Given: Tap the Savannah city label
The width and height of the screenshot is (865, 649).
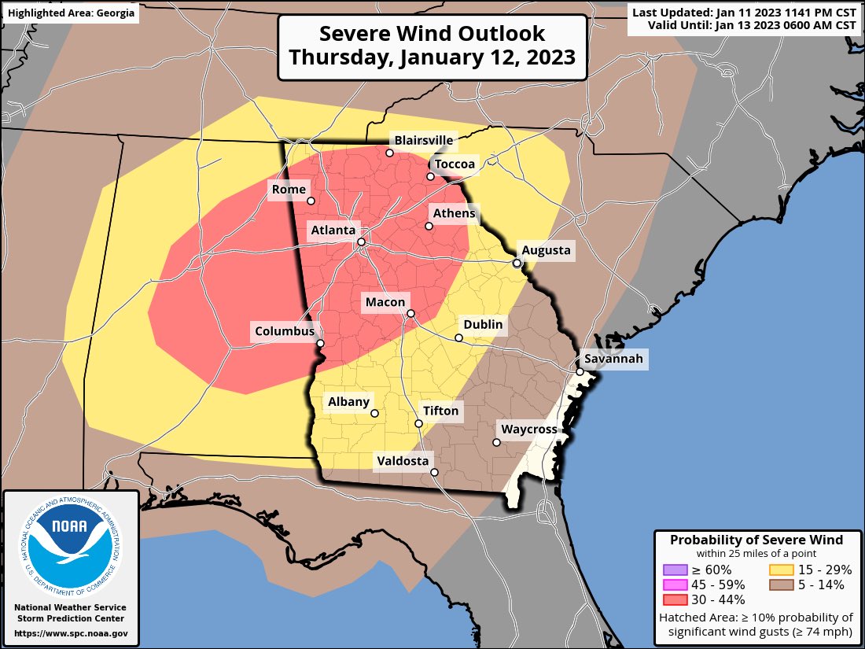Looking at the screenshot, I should [x=613, y=360].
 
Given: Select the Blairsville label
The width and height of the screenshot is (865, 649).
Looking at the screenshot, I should [x=424, y=141].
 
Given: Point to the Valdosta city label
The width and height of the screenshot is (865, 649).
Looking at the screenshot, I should [x=403, y=461].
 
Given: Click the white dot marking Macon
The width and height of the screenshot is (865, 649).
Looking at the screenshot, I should [x=410, y=314].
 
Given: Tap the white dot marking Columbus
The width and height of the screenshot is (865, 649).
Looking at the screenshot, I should [x=320, y=343].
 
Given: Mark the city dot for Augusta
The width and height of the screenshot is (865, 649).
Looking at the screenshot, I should [x=517, y=263].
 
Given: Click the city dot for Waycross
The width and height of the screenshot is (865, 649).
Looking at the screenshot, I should [x=496, y=442].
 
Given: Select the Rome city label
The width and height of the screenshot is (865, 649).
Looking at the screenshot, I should [x=288, y=189].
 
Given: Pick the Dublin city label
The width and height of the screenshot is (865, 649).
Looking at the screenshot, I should [x=483, y=324].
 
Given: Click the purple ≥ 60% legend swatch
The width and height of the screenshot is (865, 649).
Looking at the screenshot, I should [x=675, y=570].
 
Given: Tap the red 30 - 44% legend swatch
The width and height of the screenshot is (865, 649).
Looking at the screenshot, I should [x=675, y=599].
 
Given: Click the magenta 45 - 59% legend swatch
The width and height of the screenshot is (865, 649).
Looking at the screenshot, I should [x=675, y=584].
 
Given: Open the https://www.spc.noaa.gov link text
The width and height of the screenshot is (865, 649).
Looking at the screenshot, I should [x=71, y=632].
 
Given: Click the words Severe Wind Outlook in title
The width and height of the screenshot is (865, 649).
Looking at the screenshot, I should [x=432, y=35].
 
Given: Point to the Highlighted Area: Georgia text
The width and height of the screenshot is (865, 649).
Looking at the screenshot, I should [x=71, y=13].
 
